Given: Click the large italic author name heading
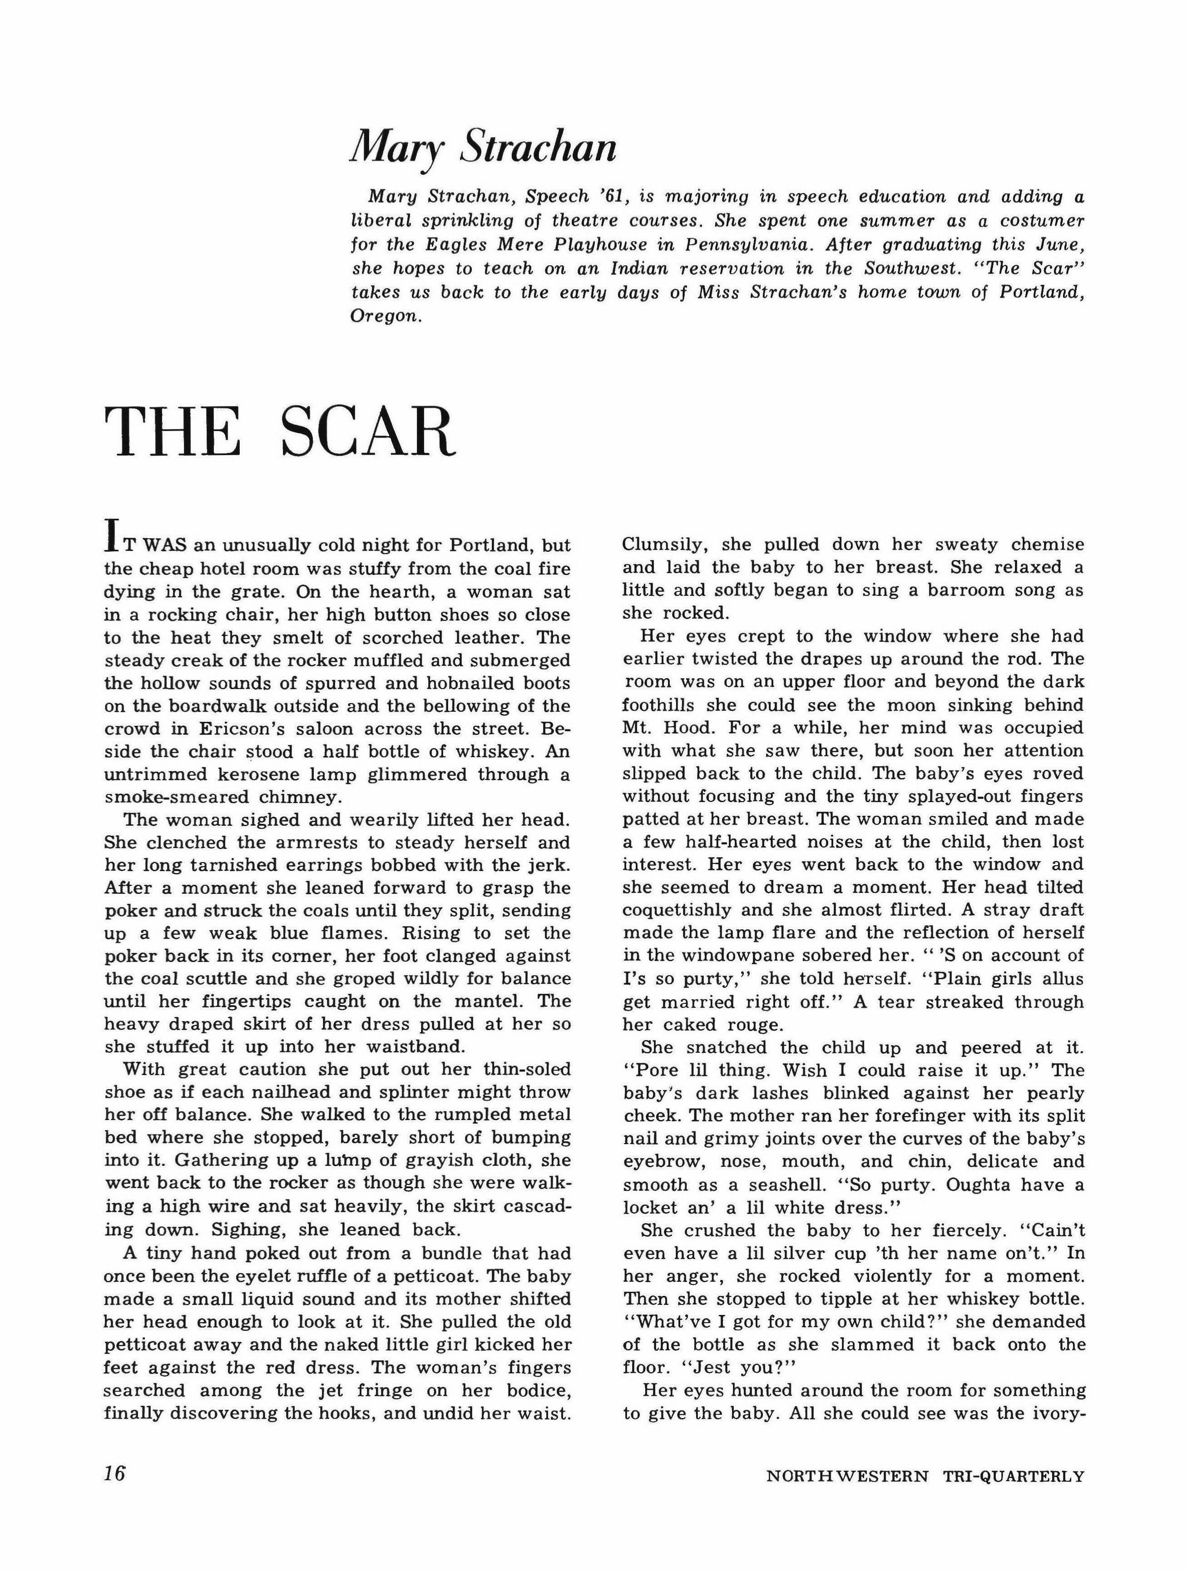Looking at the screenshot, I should click(x=483, y=148).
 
